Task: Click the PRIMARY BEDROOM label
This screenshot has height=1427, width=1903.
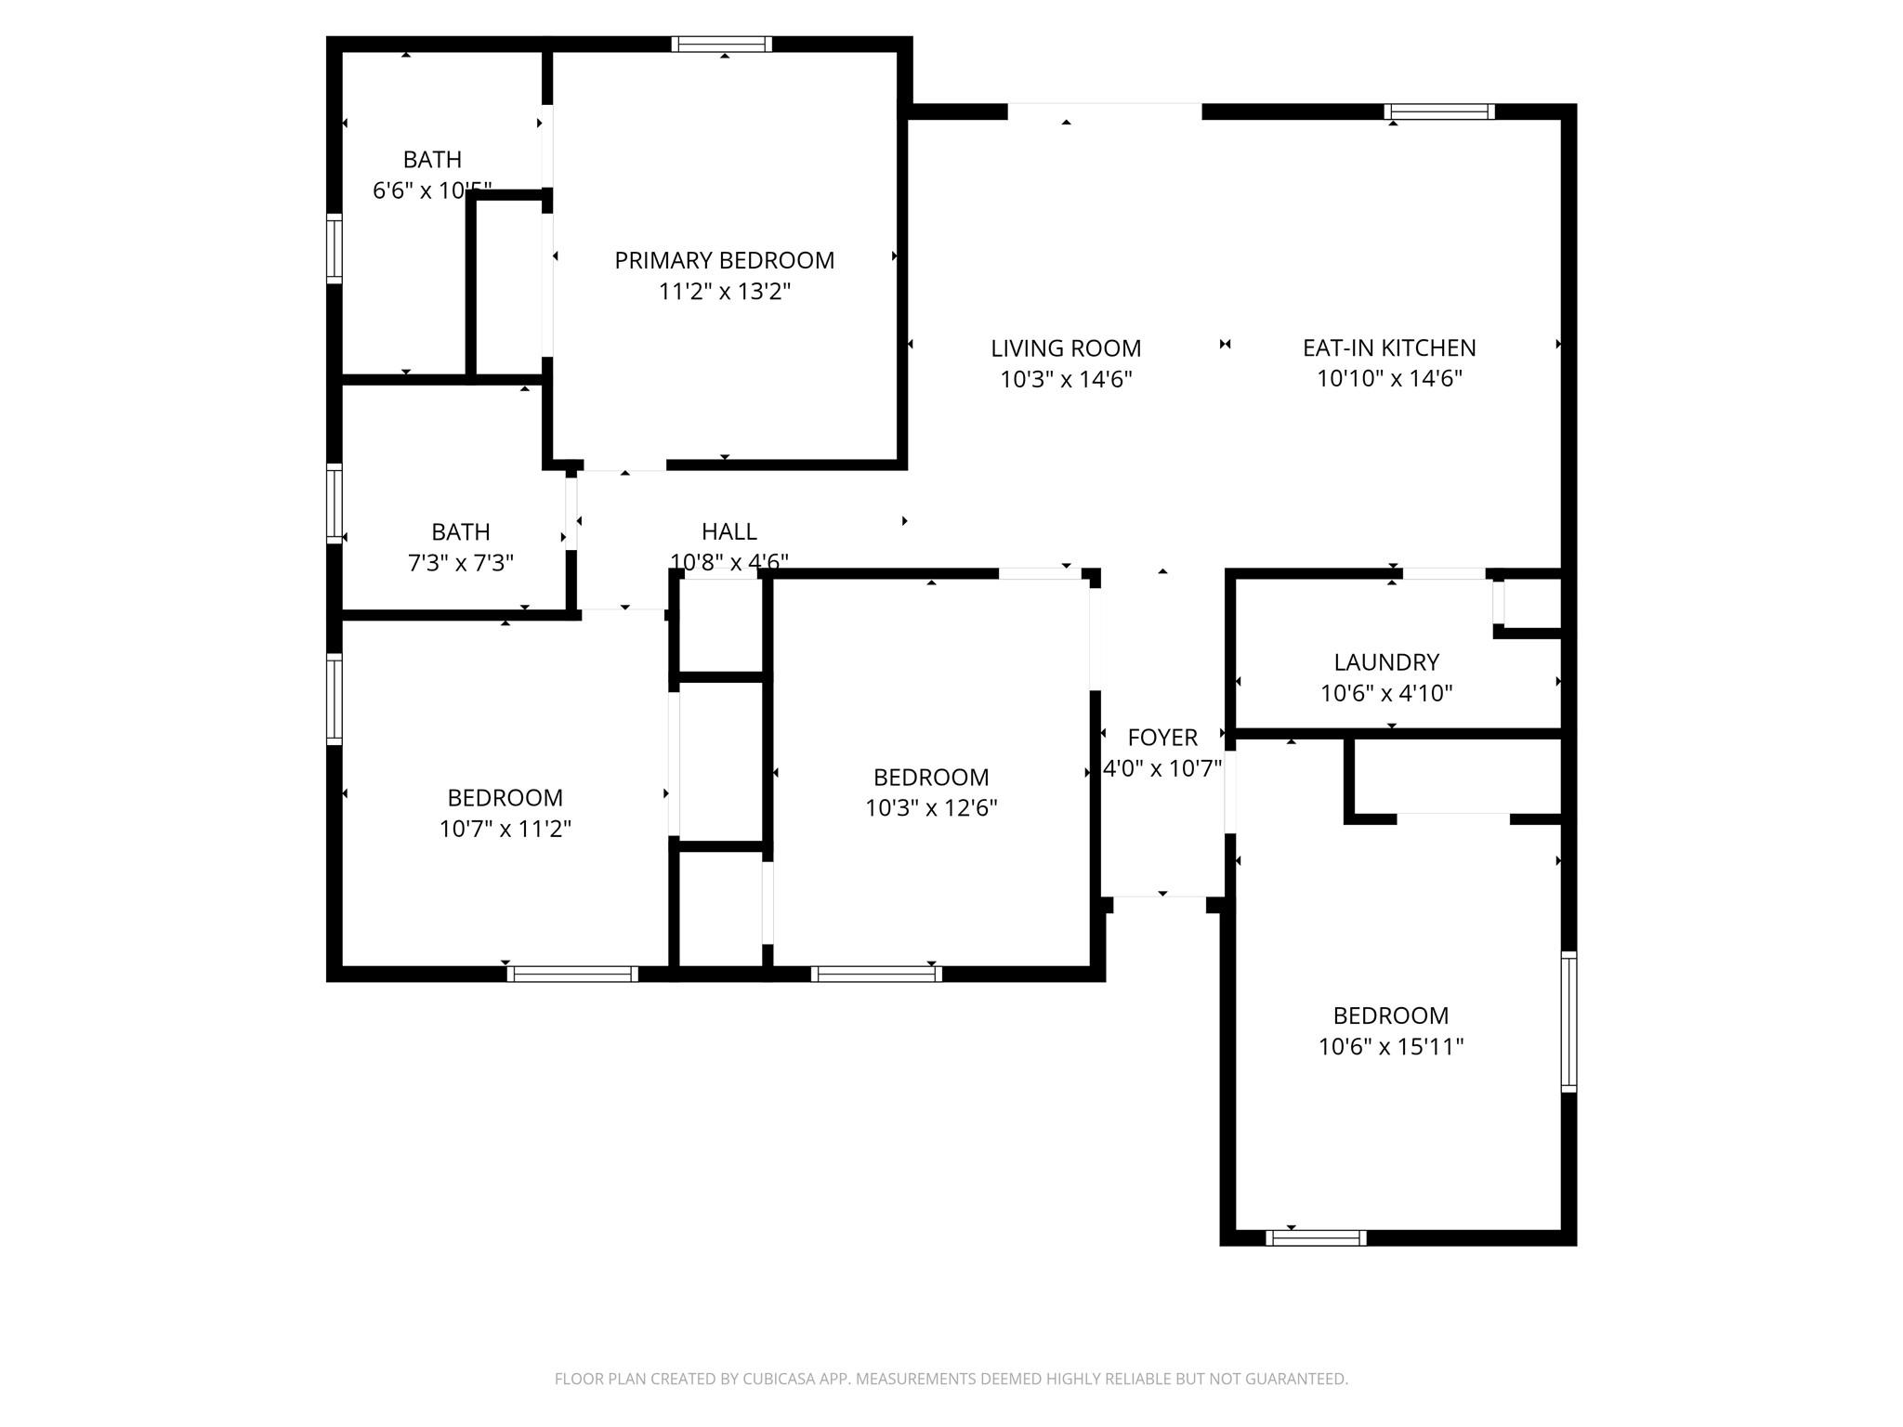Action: [724, 260]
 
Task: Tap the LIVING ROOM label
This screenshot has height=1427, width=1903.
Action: [1065, 348]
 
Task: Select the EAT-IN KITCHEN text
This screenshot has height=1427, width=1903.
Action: [1388, 347]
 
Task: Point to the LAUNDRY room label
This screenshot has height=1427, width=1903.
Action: [1385, 661]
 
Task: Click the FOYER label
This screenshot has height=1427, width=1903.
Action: [1161, 737]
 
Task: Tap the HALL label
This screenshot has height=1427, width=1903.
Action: [728, 531]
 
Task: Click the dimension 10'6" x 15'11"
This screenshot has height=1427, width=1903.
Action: [1390, 1046]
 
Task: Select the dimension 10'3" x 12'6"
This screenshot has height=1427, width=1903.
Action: [930, 807]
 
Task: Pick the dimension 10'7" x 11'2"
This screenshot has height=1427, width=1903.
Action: [505, 828]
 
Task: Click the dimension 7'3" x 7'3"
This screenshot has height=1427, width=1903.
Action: [460, 562]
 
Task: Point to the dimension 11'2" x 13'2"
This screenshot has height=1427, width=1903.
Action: [724, 292]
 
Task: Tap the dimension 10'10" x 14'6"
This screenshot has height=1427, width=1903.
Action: [1388, 378]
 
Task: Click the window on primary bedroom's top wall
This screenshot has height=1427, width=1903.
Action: [722, 44]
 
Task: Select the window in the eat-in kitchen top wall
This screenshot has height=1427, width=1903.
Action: [1438, 111]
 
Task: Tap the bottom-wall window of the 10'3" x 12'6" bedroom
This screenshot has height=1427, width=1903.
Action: [875, 974]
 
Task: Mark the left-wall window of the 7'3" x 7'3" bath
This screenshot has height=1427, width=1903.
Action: [335, 503]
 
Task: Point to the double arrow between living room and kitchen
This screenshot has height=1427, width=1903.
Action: [1225, 345]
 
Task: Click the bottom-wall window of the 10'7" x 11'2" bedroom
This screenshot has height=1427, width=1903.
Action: [571, 974]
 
